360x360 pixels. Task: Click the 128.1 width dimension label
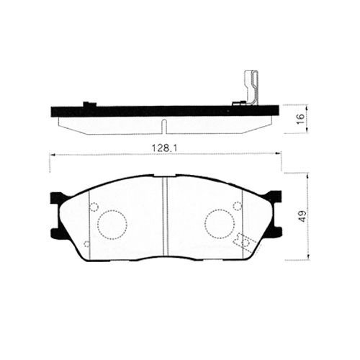pyautogui.click(x=164, y=148)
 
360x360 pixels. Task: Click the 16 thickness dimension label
pyautogui.click(x=300, y=119)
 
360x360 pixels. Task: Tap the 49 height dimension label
pyautogui.click(x=302, y=216)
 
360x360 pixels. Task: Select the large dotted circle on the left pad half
pyautogui.click(x=112, y=225)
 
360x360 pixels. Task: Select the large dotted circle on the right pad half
pyautogui.click(x=220, y=224)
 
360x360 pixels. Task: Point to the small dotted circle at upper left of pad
pyautogui.click(x=94, y=207)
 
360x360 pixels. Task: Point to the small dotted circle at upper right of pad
pyautogui.click(x=238, y=206)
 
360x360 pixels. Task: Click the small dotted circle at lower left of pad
pyautogui.click(x=87, y=244)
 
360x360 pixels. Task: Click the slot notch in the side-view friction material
pyautogui.click(x=163, y=126)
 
